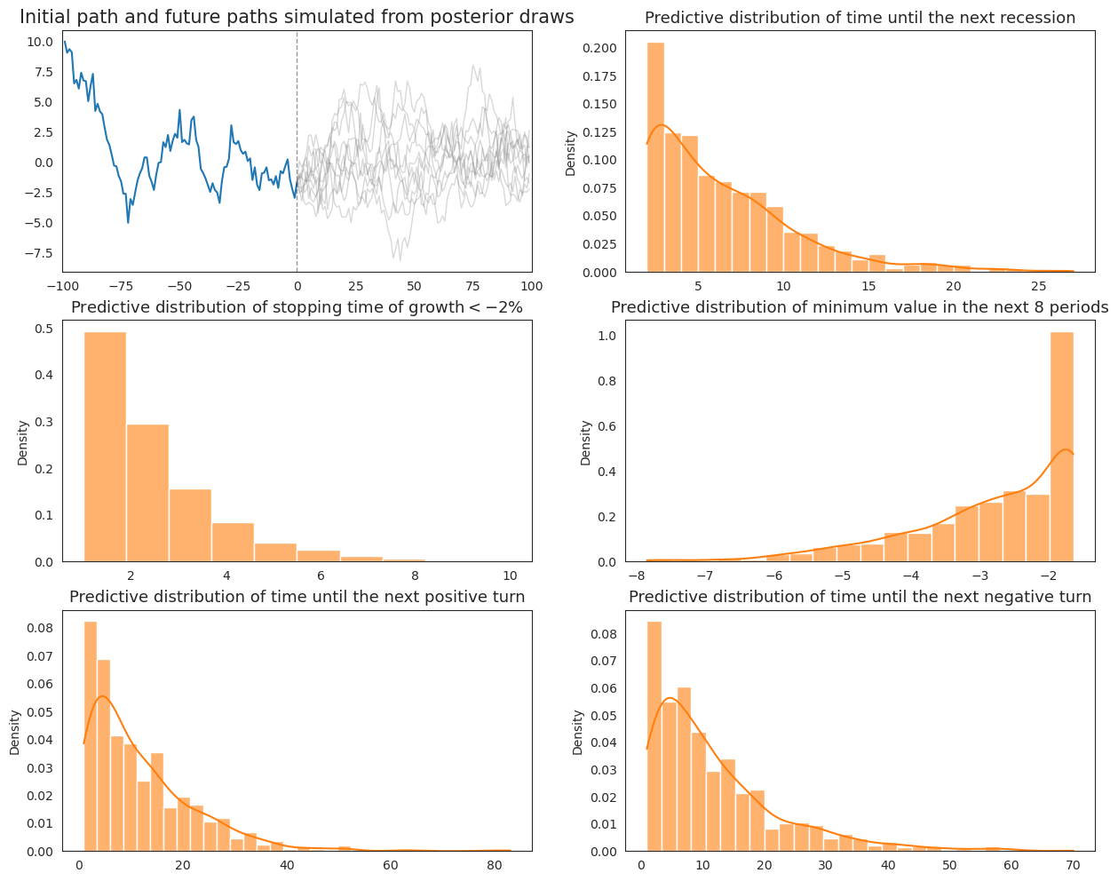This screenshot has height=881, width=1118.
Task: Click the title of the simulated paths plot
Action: click(297, 17)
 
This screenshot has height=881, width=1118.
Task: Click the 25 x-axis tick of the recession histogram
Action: click(1038, 287)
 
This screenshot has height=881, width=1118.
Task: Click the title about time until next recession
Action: click(860, 18)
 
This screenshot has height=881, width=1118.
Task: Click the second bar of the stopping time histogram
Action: click(147, 493)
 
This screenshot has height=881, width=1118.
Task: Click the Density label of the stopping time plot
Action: click(23, 442)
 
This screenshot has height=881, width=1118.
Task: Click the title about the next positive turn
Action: click(297, 597)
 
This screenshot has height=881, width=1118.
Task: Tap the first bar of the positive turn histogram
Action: click(90, 737)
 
